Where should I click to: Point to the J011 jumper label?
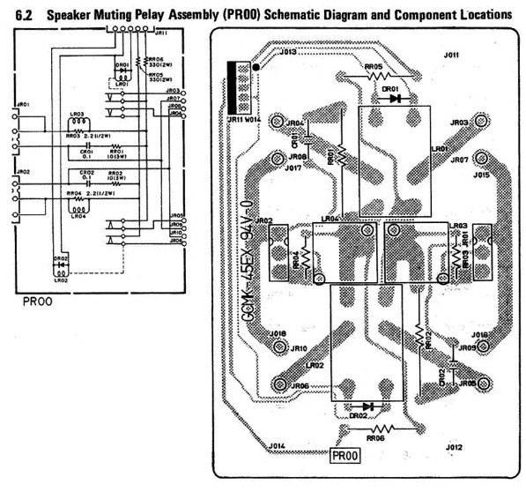(x=451, y=55)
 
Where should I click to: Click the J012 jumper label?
(x=454, y=449)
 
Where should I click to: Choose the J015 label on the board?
(x=480, y=175)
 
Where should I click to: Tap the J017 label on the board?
(x=294, y=168)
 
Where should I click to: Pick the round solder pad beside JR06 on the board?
(x=281, y=383)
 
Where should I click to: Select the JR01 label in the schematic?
(x=23, y=105)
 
